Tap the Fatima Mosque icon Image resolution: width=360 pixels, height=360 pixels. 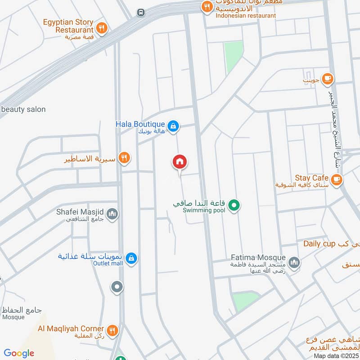[294, 262]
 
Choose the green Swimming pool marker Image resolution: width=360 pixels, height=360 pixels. [234, 206]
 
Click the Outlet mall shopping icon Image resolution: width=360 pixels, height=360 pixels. [131, 258]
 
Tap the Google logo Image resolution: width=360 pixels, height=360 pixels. [19, 353]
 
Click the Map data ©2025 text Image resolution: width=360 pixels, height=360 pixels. [335, 355]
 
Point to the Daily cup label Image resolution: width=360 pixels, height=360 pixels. [319, 244]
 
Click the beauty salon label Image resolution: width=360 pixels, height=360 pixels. [23, 109]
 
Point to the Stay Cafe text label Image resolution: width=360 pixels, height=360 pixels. [311, 178]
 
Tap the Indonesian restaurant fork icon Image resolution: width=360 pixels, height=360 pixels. [207, 6]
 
